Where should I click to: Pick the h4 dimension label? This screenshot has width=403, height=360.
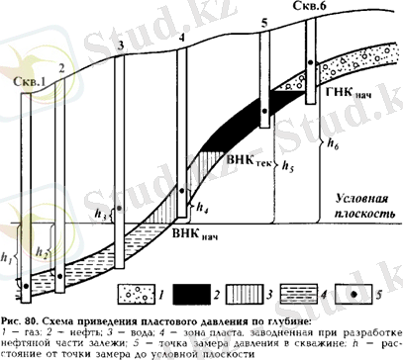point(203,209)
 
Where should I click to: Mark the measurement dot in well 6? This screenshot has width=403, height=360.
point(309,62)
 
